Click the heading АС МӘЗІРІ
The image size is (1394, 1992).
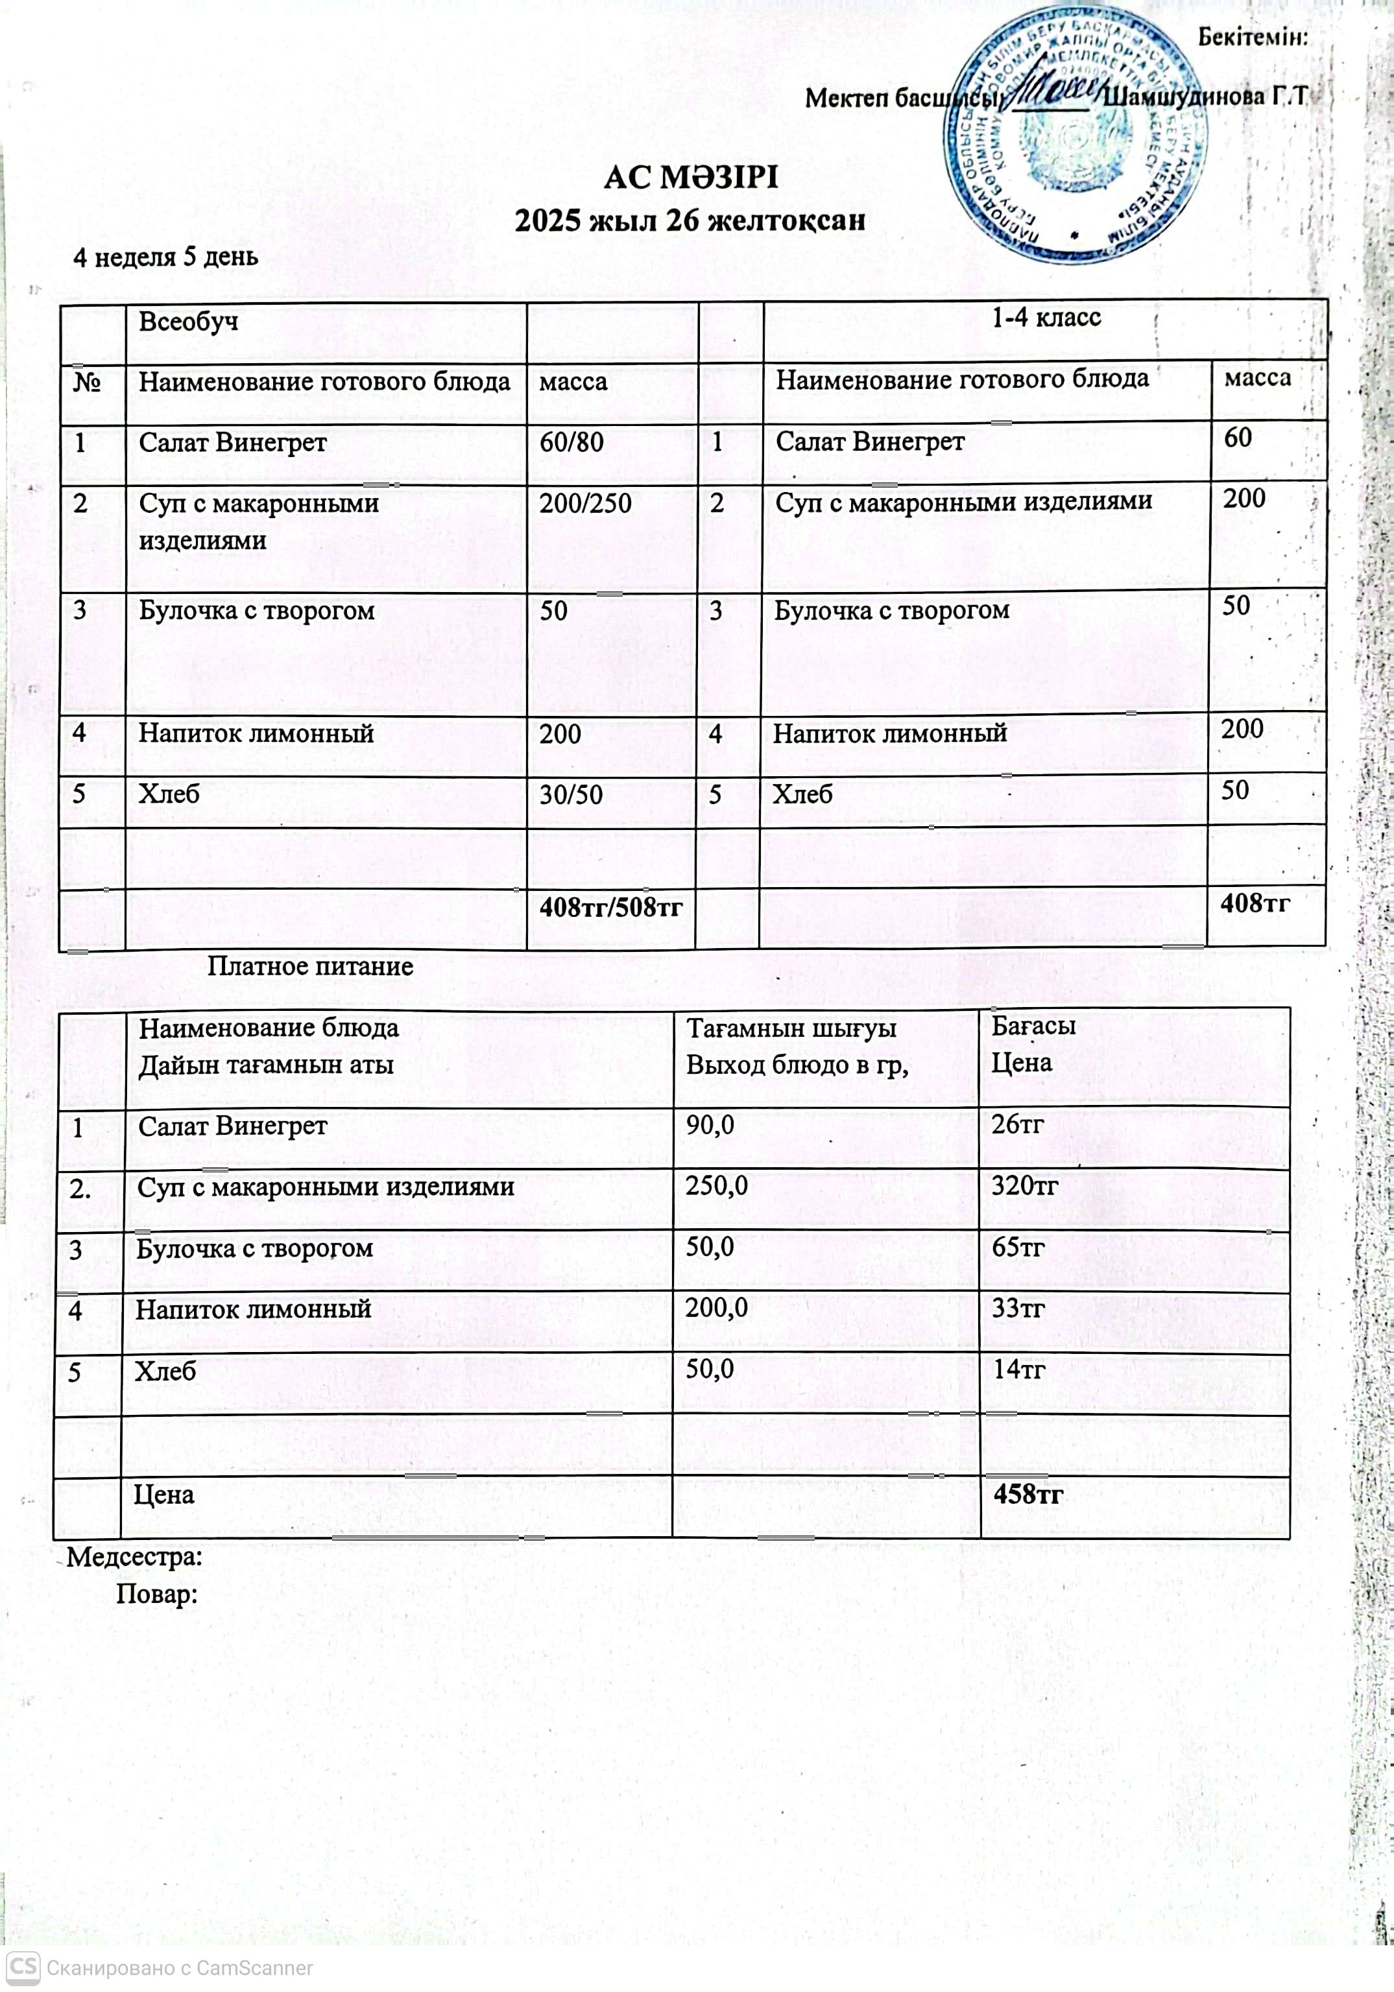click(691, 178)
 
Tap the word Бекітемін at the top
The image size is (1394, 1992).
click(1253, 38)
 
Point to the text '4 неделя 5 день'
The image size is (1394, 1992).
click(165, 257)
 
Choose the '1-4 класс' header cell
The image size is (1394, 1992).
click(1046, 318)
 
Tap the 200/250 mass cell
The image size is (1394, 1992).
click(585, 504)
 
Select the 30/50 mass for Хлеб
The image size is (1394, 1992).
click(571, 795)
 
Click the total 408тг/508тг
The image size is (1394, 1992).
click(611, 908)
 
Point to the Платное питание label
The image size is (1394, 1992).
click(310, 967)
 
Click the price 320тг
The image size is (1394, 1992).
click(1024, 1186)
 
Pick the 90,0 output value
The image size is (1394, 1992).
click(710, 1125)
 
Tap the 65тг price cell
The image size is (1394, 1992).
click(1017, 1248)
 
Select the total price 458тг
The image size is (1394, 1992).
click(1027, 1494)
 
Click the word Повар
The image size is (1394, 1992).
click(157, 1594)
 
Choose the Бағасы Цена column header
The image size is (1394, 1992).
click(1034, 1044)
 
